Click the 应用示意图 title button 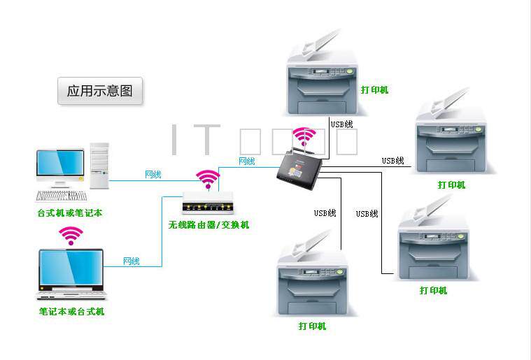[x=99, y=91]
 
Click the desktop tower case [x=99, y=166]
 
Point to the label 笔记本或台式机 [x=71, y=311]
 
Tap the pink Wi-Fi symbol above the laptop [x=71, y=235]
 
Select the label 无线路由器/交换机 [x=208, y=225]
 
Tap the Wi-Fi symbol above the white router [x=208, y=179]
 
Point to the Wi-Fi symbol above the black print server [x=304, y=136]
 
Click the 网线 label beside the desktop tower [x=153, y=174]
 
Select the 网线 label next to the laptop [x=131, y=261]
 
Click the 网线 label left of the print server [x=247, y=161]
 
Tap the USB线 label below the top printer [x=342, y=124]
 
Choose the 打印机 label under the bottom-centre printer [x=312, y=326]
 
